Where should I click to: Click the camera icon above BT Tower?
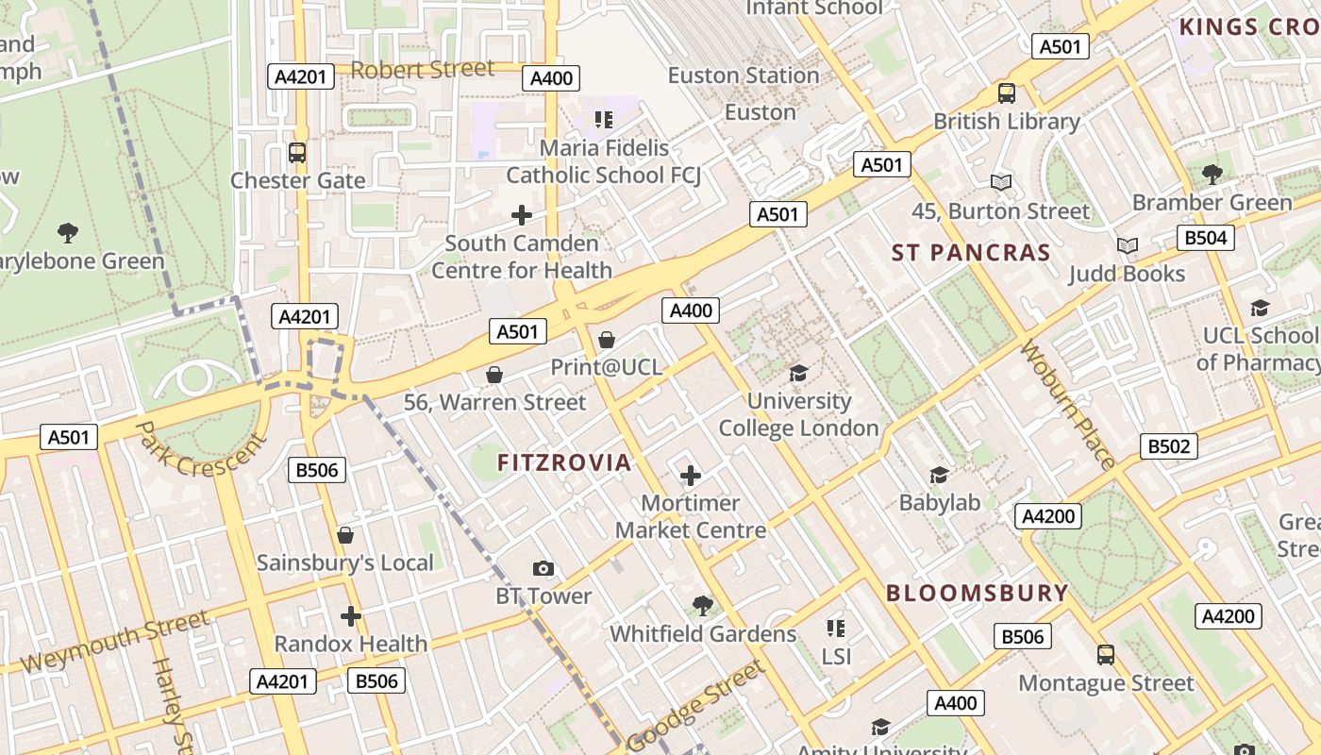(543, 568)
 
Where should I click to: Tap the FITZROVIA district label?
(563, 462)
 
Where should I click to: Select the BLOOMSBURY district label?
(977, 594)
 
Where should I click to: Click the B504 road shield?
(1205, 238)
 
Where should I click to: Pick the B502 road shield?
(1168, 446)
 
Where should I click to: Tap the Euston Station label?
(744, 75)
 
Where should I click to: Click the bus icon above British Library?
(1006, 93)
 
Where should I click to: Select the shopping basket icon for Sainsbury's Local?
(345, 535)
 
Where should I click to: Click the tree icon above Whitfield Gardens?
(702, 605)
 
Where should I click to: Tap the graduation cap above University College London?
(798, 373)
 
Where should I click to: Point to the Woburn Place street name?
(1069, 405)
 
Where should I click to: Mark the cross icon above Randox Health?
(350, 616)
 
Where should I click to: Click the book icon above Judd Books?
(1127, 246)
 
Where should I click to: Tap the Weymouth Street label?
(114, 642)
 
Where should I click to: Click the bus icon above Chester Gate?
(297, 152)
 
